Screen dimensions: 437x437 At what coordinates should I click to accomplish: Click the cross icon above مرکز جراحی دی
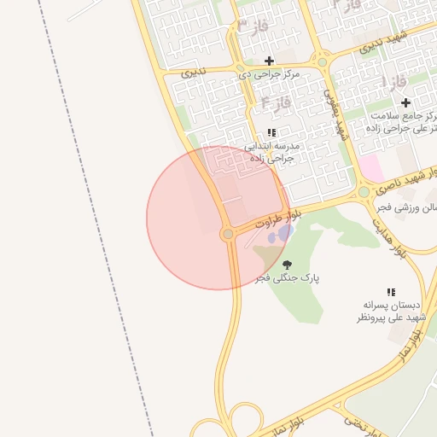270,61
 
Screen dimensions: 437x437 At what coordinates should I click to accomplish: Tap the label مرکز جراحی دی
270,75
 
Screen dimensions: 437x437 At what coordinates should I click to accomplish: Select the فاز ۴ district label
276,103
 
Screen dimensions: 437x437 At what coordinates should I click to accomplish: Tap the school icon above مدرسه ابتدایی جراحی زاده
271,132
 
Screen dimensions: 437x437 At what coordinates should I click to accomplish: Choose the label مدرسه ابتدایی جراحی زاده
270,152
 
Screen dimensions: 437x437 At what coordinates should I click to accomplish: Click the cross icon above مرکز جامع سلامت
406,102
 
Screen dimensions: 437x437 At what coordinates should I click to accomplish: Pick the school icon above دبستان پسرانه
392,292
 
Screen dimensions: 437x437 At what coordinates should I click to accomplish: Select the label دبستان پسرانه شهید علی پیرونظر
391,311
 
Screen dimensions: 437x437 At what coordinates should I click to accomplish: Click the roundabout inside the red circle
228,234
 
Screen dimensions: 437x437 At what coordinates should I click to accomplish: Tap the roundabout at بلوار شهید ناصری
364,192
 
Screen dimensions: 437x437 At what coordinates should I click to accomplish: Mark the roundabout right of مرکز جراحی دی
323,61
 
